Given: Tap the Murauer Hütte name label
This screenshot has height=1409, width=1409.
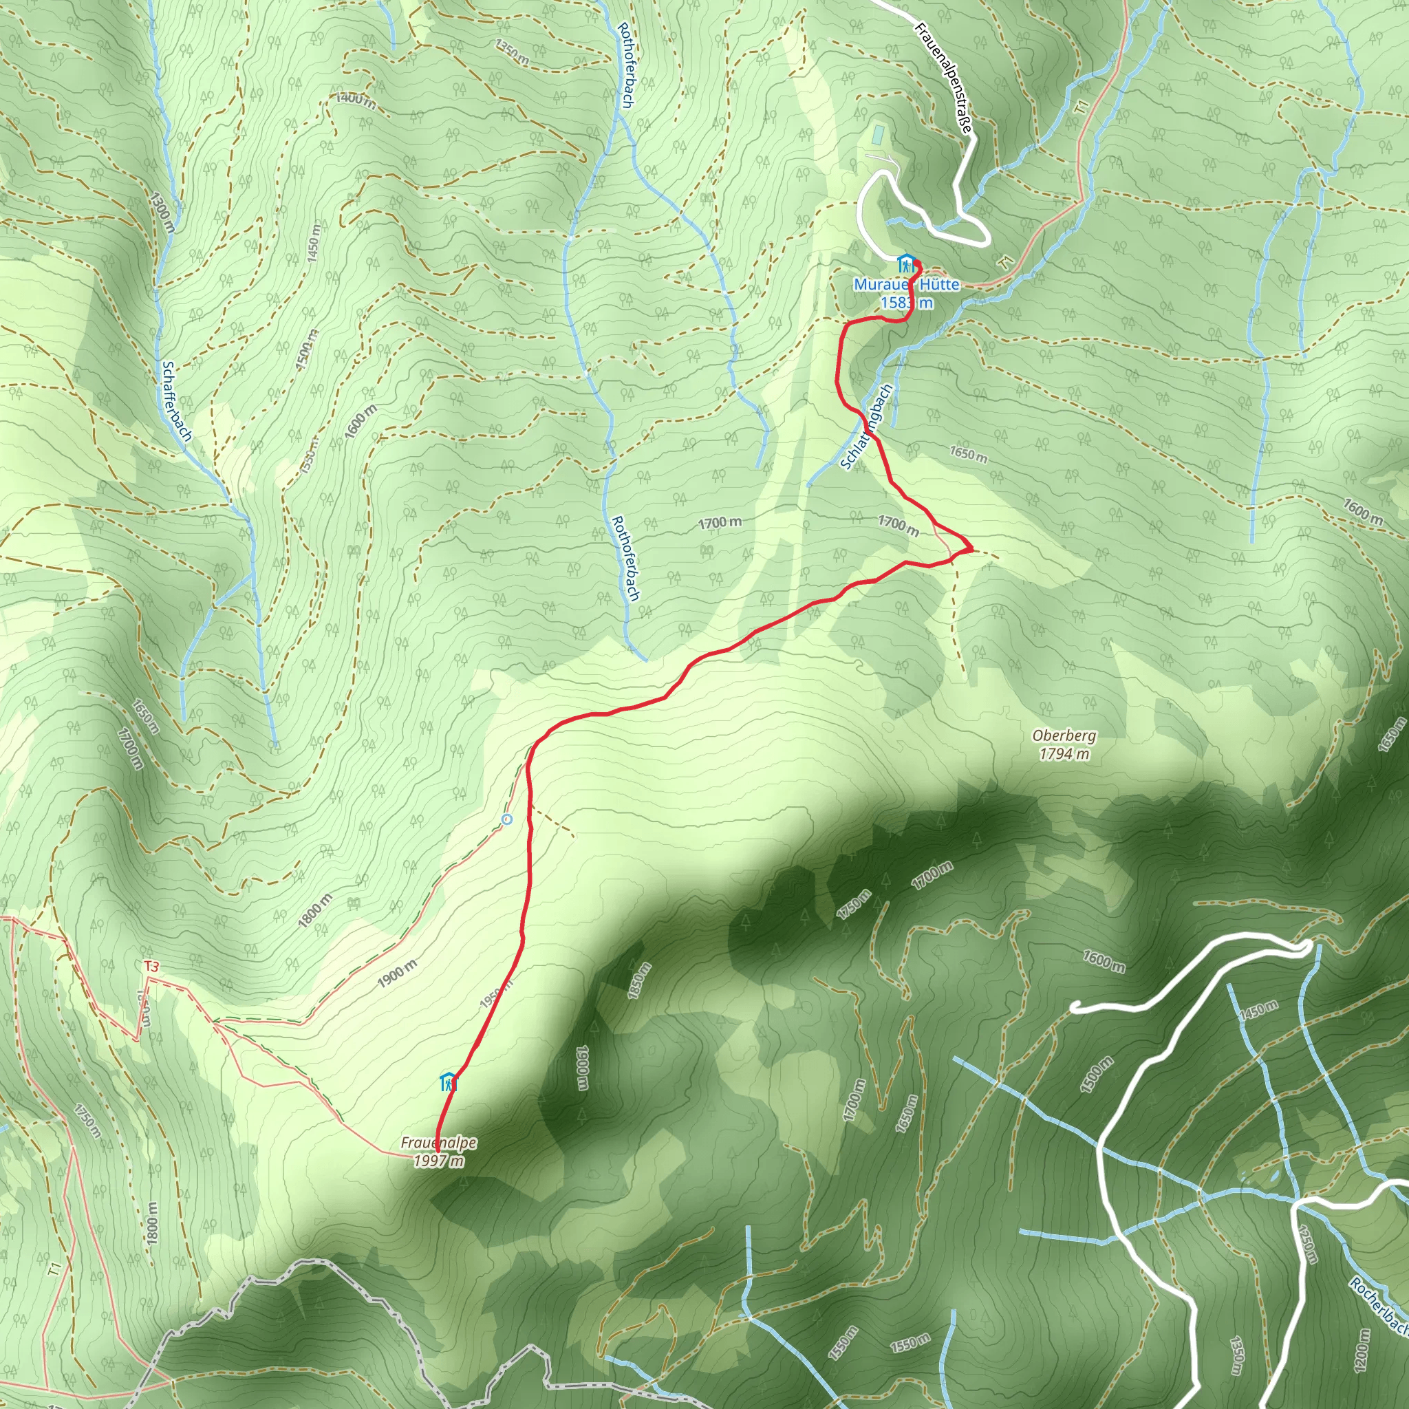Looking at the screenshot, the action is point(907,284).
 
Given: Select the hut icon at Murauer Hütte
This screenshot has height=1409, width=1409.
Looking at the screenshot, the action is point(906,263).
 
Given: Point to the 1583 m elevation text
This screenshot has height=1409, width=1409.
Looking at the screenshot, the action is point(907,303).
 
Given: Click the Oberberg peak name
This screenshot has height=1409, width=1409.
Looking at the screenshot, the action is point(1064,737).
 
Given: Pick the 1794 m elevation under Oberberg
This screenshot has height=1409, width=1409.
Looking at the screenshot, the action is point(1064,754).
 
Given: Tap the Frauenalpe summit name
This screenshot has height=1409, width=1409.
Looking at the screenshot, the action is point(438,1143).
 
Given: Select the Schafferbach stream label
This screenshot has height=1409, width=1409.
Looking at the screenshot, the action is point(178,401).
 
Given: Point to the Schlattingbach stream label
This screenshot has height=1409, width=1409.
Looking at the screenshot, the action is point(866,427).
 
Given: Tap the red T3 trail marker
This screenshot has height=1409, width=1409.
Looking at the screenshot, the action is point(151,967).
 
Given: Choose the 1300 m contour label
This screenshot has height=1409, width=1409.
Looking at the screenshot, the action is point(162,211).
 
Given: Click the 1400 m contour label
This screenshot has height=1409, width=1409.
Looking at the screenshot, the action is point(356,100).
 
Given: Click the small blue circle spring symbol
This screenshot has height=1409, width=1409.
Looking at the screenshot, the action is point(507,819).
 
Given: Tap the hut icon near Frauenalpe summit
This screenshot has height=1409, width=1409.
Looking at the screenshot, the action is point(448,1082).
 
